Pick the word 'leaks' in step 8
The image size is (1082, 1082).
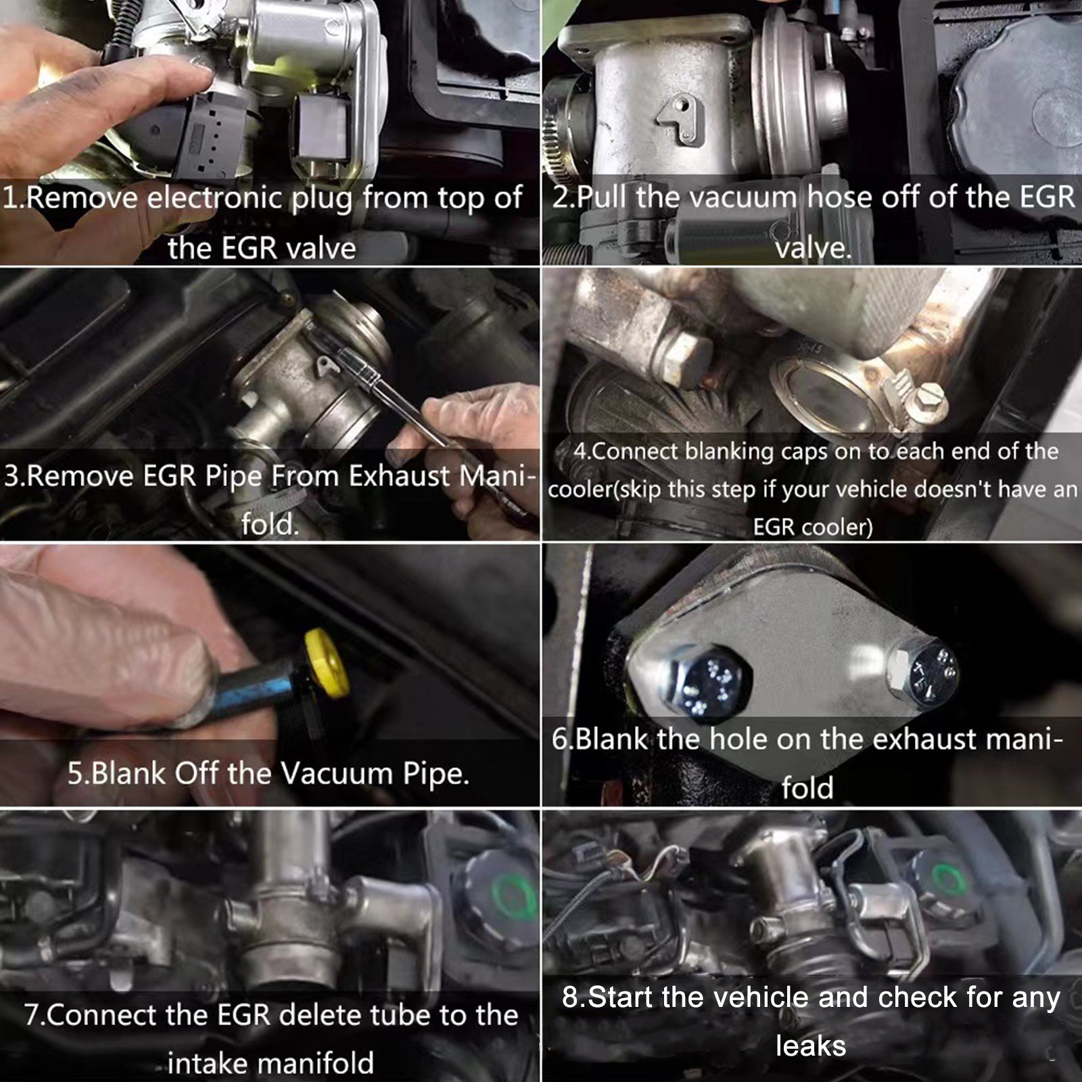point(811,1046)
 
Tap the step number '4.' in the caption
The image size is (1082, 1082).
point(582,452)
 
